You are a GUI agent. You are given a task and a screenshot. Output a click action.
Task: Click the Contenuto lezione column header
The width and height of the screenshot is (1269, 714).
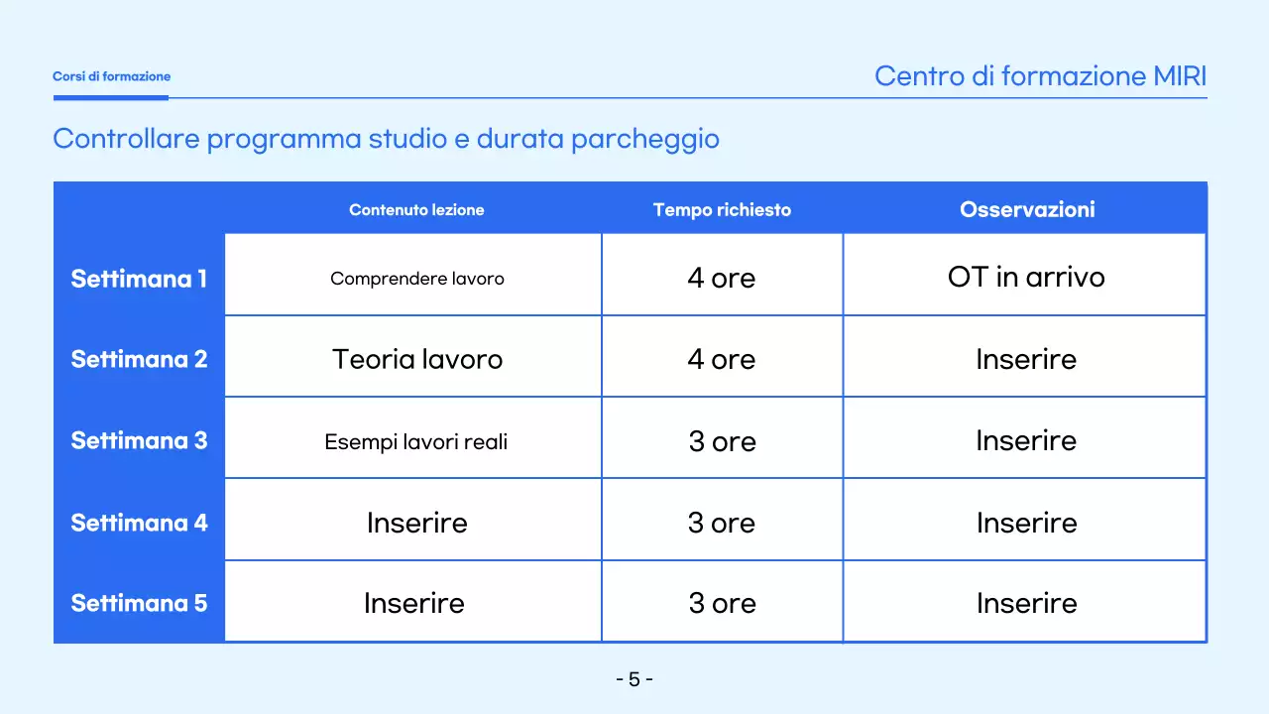point(416,210)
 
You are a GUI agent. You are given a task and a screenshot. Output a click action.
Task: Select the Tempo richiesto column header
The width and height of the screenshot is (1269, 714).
point(722,210)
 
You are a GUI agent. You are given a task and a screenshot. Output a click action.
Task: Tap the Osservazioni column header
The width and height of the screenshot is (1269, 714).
point(1027,210)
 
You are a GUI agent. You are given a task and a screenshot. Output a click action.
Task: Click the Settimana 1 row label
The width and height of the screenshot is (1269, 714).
point(139,279)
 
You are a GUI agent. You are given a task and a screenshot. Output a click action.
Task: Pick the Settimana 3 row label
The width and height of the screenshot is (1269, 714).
point(139,440)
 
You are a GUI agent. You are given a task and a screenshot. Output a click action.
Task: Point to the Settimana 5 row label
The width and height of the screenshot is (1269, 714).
point(139,603)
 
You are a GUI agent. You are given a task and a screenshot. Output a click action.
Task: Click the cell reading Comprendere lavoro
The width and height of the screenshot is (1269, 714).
point(416,279)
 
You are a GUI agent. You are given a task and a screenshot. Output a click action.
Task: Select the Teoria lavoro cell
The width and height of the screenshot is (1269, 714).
point(416,359)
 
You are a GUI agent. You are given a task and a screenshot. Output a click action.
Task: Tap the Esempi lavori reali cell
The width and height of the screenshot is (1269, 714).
point(416,441)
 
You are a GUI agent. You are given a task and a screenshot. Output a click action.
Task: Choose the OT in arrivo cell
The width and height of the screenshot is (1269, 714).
point(1026,278)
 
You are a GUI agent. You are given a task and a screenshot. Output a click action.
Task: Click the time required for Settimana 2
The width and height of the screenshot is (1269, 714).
point(722,359)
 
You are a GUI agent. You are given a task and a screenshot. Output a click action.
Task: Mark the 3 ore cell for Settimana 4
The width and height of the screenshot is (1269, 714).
point(722,523)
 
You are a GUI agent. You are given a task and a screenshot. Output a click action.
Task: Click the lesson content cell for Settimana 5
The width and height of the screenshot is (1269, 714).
point(414,603)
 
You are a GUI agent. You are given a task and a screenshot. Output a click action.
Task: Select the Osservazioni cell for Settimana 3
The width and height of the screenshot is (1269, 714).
point(1026,440)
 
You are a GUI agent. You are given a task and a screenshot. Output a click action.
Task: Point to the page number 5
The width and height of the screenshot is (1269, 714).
point(634,679)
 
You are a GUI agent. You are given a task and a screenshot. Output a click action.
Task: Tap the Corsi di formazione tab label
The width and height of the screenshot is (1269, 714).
point(111,76)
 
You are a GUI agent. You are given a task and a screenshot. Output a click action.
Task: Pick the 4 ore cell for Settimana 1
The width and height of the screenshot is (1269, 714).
point(722,279)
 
